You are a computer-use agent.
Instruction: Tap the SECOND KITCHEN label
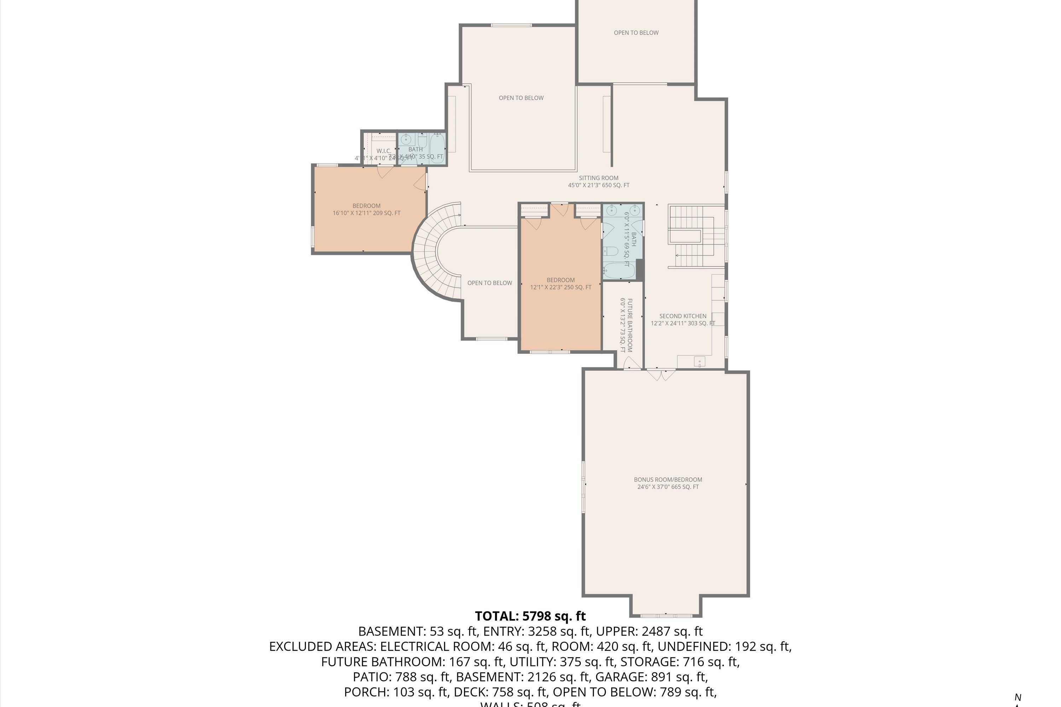pyautogui.click(x=683, y=316)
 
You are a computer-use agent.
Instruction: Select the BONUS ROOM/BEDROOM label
pyautogui.click(x=668, y=479)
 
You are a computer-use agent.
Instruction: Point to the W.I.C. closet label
pyautogui.click(x=383, y=151)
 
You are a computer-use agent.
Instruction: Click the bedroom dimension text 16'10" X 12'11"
pyautogui.click(x=366, y=213)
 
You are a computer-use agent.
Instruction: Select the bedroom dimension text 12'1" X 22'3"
pyautogui.click(x=560, y=287)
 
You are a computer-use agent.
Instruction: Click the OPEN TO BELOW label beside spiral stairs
pyautogui.click(x=489, y=283)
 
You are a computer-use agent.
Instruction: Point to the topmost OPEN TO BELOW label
pyautogui.click(x=636, y=33)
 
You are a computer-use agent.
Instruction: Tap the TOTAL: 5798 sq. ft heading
pyautogui.click(x=530, y=615)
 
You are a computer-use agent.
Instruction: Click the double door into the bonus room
pyautogui.click(x=661, y=373)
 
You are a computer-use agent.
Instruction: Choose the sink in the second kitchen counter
pyautogui.click(x=699, y=361)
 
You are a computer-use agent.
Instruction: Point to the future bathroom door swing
pyautogui.click(x=632, y=363)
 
